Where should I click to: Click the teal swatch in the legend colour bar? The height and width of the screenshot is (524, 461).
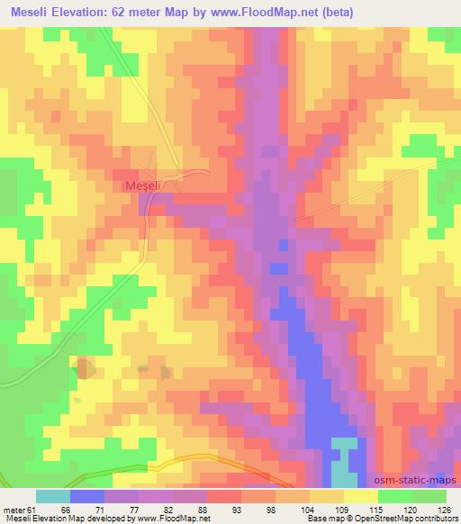pos(53,497)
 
